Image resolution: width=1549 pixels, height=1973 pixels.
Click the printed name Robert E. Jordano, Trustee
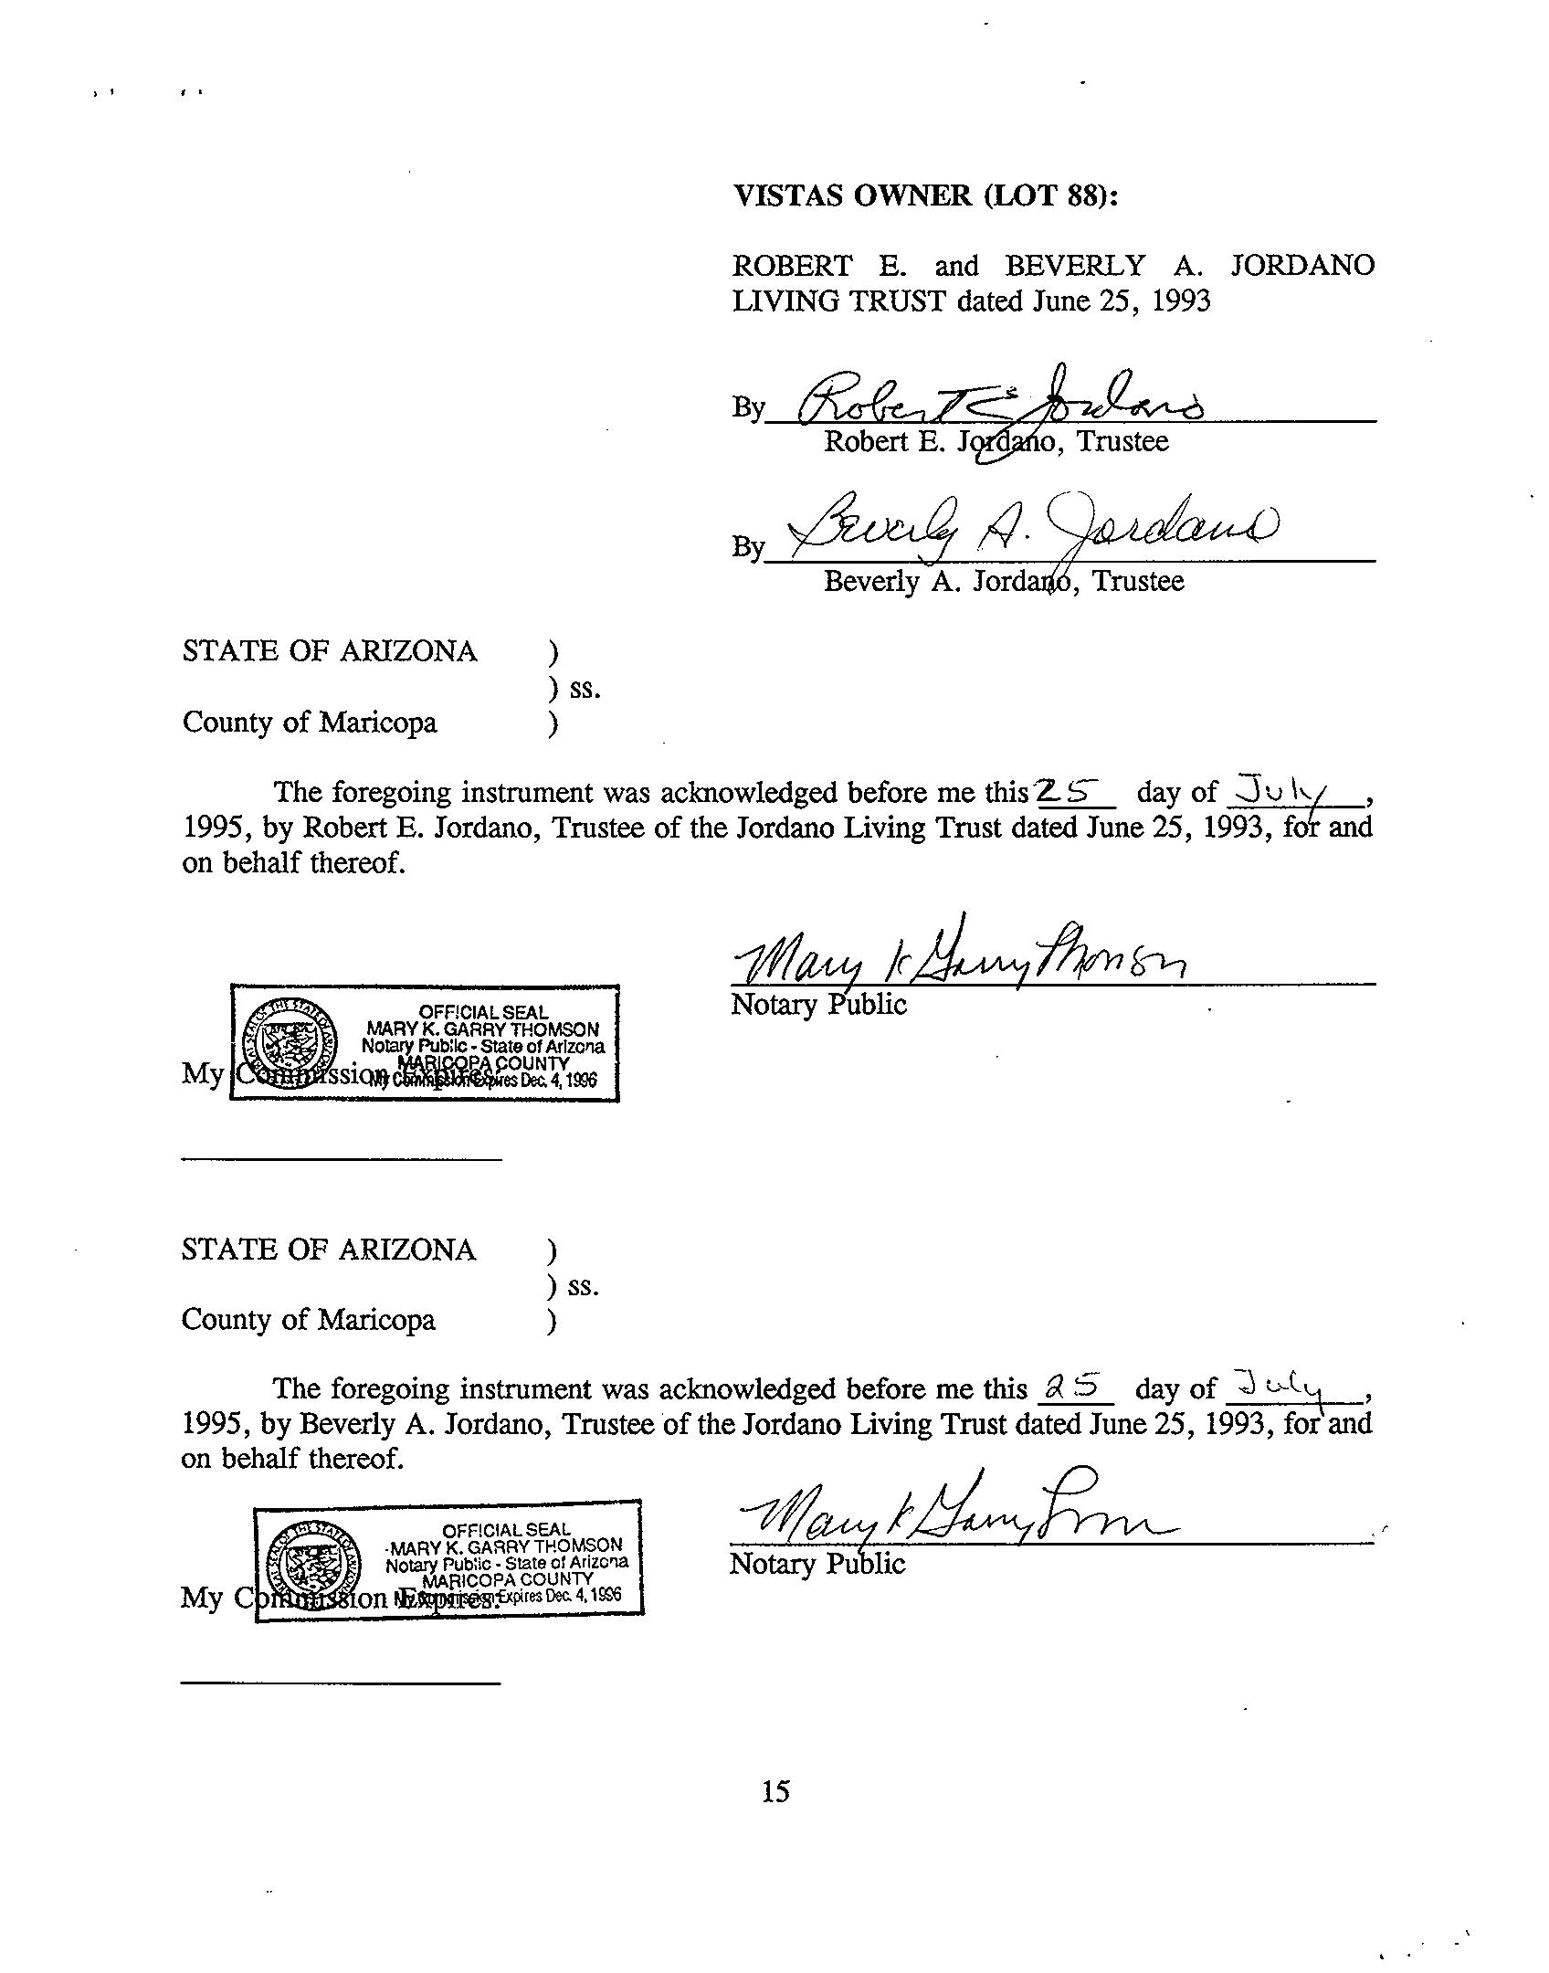[996, 442]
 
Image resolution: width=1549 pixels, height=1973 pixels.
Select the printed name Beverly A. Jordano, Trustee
[1003, 581]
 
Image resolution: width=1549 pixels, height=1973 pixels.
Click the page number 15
[775, 1791]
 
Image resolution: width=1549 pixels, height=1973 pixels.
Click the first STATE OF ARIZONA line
[330, 652]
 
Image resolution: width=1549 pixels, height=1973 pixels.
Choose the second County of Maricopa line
[309, 1320]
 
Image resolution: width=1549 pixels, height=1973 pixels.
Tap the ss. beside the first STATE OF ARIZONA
[585, 688]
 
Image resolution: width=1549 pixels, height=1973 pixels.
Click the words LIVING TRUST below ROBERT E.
[838, 301]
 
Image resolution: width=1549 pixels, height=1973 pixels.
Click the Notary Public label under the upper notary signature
[818, 1005]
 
